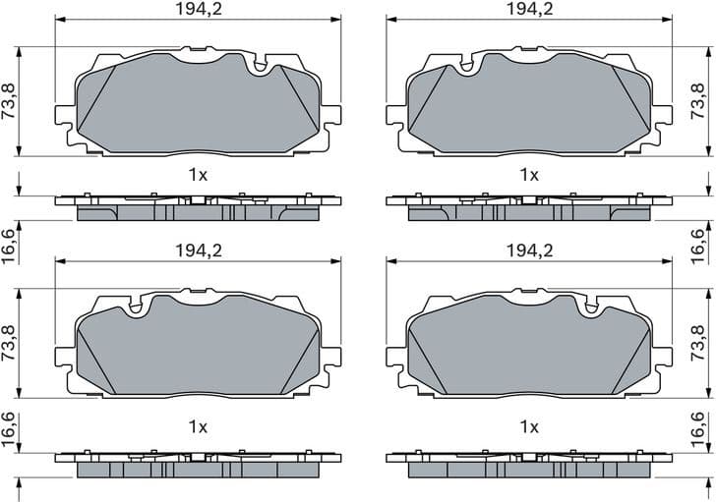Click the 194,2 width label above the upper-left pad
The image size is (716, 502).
tap(198, 9)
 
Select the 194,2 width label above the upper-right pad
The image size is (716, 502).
tap(529, 9)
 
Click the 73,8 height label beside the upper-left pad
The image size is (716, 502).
tap(10, 101)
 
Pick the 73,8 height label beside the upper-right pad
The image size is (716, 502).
tap(699, 101)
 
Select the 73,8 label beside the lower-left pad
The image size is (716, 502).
tap(10, 343)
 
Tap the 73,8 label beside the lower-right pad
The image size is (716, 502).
tap(699, 343)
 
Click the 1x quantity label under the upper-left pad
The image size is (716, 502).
tap(198, 175)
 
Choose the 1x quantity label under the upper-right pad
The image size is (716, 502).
tap(529, 175)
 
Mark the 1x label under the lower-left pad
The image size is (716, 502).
tap(198, 426)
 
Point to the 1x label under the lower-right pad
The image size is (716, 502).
tap(529, 426)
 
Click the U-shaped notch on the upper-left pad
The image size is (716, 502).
tap(261, 66)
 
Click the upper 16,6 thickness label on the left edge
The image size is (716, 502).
tap(10, 240)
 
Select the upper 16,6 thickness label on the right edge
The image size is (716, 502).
tap(699, 240)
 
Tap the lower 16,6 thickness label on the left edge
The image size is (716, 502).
tap(10, 429)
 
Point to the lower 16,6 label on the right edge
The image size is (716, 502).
tap(699, 429)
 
